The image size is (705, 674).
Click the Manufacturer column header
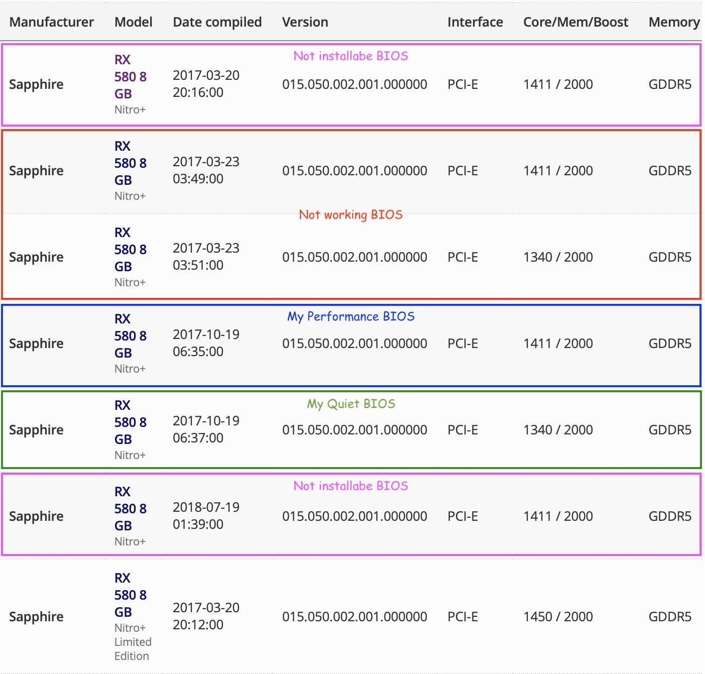point(51,22)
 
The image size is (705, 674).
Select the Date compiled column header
point(217,22)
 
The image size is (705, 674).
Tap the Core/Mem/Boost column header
point(575,22)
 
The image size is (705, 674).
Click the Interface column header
point(475,22)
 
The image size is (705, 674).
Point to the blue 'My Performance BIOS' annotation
point(350,316)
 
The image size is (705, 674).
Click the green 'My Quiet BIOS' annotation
point(350,404)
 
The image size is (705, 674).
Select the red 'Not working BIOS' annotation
point(350,215)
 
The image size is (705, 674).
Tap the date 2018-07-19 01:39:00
point(206,516)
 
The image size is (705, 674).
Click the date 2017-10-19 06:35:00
point(206,343)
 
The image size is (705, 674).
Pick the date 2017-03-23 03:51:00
point(206,257)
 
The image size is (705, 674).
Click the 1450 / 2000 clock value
point(558,617)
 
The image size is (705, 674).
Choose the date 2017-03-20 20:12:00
point(206,616)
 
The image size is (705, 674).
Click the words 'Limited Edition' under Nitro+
point(132,649)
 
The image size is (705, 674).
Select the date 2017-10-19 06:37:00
point(206,429)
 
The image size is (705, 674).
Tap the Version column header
point(305,22)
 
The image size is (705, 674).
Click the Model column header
point(133,22)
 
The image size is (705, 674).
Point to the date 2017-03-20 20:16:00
point(206,84)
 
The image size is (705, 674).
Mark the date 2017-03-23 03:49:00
point(206,170)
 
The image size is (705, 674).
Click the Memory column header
point(673,22)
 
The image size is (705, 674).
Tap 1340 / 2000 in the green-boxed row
point(558,430)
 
